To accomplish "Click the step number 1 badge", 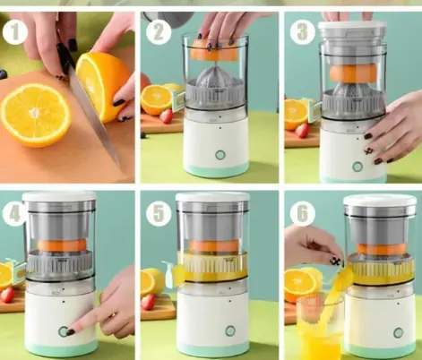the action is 15,32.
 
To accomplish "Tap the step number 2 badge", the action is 159,32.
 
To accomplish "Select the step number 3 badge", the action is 302,32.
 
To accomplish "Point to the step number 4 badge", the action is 13,214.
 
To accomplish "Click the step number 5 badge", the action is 159,214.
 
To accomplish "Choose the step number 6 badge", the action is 302,214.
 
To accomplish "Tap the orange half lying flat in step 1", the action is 36,116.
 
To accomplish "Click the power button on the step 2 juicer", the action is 220,155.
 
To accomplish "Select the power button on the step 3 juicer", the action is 357,167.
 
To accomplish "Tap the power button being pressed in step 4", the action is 63,331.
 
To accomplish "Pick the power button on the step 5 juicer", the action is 230,330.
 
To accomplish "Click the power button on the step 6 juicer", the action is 398,332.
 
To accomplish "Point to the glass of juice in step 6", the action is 319,329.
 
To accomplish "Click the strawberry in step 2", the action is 167,116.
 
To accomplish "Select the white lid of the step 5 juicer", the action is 212,197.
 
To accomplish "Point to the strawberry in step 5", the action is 148,302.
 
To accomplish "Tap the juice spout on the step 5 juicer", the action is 169,273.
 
